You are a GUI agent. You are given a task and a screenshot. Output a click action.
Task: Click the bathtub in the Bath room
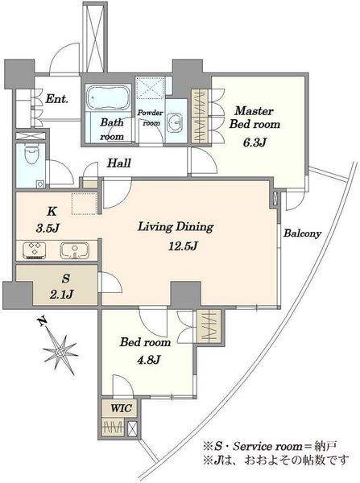pos(108,97)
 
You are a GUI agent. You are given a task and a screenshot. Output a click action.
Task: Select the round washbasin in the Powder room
pos(175,121)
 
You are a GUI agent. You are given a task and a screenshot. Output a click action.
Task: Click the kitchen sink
pos(75,250)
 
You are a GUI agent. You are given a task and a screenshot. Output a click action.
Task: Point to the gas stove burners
pos(35,250)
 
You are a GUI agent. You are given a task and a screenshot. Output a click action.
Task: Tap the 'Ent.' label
pos(56,99)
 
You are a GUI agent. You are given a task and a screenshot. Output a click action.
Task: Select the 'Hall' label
pos(119,163)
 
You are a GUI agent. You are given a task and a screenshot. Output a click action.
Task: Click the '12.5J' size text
pos(183,246)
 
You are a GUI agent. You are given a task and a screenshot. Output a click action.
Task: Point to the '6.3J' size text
pos(254,142)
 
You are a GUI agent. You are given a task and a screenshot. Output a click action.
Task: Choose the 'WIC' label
pos(121,408)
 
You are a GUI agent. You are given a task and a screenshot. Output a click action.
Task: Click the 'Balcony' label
pos(302,233)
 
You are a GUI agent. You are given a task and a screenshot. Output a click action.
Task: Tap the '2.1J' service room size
pos(61,295)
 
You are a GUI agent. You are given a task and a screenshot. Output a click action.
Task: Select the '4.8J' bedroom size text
pos(149,360)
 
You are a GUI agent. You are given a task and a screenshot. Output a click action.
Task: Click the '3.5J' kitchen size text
pos(48,228)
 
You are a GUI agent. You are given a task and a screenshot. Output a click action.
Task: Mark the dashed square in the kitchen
pos(85,204)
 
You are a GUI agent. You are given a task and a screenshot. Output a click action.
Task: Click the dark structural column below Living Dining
pos(186,294)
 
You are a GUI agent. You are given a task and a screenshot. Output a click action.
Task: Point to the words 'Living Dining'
pos(176,227)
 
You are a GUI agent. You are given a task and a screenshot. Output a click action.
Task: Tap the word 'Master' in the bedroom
pos(254,110)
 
